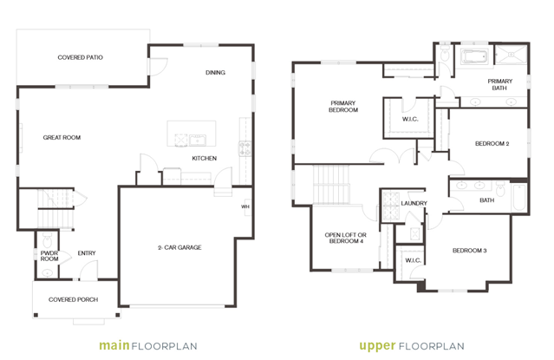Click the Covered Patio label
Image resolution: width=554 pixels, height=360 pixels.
tap(81, 57)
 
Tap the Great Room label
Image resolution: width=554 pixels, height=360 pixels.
tap(62, 138)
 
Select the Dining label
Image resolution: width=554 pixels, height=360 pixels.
tap(215, 73)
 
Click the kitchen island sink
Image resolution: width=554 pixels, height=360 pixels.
tap(198, 140)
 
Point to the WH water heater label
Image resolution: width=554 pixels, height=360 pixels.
tap(245, 206)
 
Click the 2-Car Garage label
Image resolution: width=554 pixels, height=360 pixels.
tap(179, 247)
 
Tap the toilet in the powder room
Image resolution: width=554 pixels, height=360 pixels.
tap(47, 241)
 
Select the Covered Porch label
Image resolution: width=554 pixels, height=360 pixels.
tap(73, 299)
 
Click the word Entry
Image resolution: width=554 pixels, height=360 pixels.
tap(87, 253)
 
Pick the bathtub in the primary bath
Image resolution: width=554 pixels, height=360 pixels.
tap(475, 56)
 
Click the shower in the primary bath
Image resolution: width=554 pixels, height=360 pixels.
tap(511, 54)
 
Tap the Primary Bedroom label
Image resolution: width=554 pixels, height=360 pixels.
tap(343, 107)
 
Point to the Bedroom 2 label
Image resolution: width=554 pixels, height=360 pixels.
tap(492, 144)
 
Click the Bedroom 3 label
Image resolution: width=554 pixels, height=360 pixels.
tap(470, 251)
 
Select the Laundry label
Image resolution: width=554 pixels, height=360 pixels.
tap(414, 203)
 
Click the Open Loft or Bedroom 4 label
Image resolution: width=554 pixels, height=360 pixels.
tap(346, 238)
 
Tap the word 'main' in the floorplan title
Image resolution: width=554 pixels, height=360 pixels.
tap(114, 345)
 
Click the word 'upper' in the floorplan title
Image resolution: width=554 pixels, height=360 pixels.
tap(377, 346)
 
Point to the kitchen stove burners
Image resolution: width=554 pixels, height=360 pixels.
tap(244, 148)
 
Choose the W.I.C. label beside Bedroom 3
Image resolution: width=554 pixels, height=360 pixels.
tap(413, 260)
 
